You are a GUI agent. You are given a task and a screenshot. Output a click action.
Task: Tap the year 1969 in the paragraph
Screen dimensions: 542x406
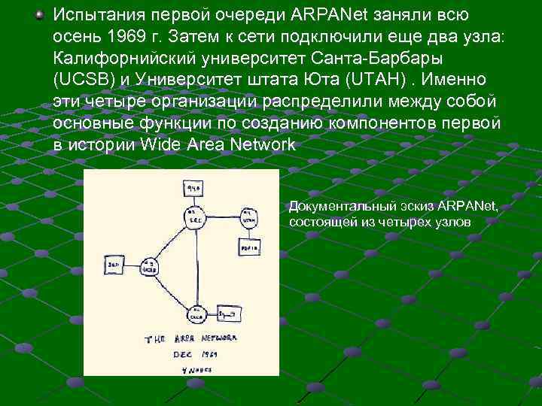[127, 37]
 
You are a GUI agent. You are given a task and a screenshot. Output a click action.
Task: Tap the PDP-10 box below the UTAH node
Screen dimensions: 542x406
[249, 245]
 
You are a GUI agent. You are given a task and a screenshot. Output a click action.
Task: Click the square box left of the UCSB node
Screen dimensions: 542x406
[114, 265]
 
